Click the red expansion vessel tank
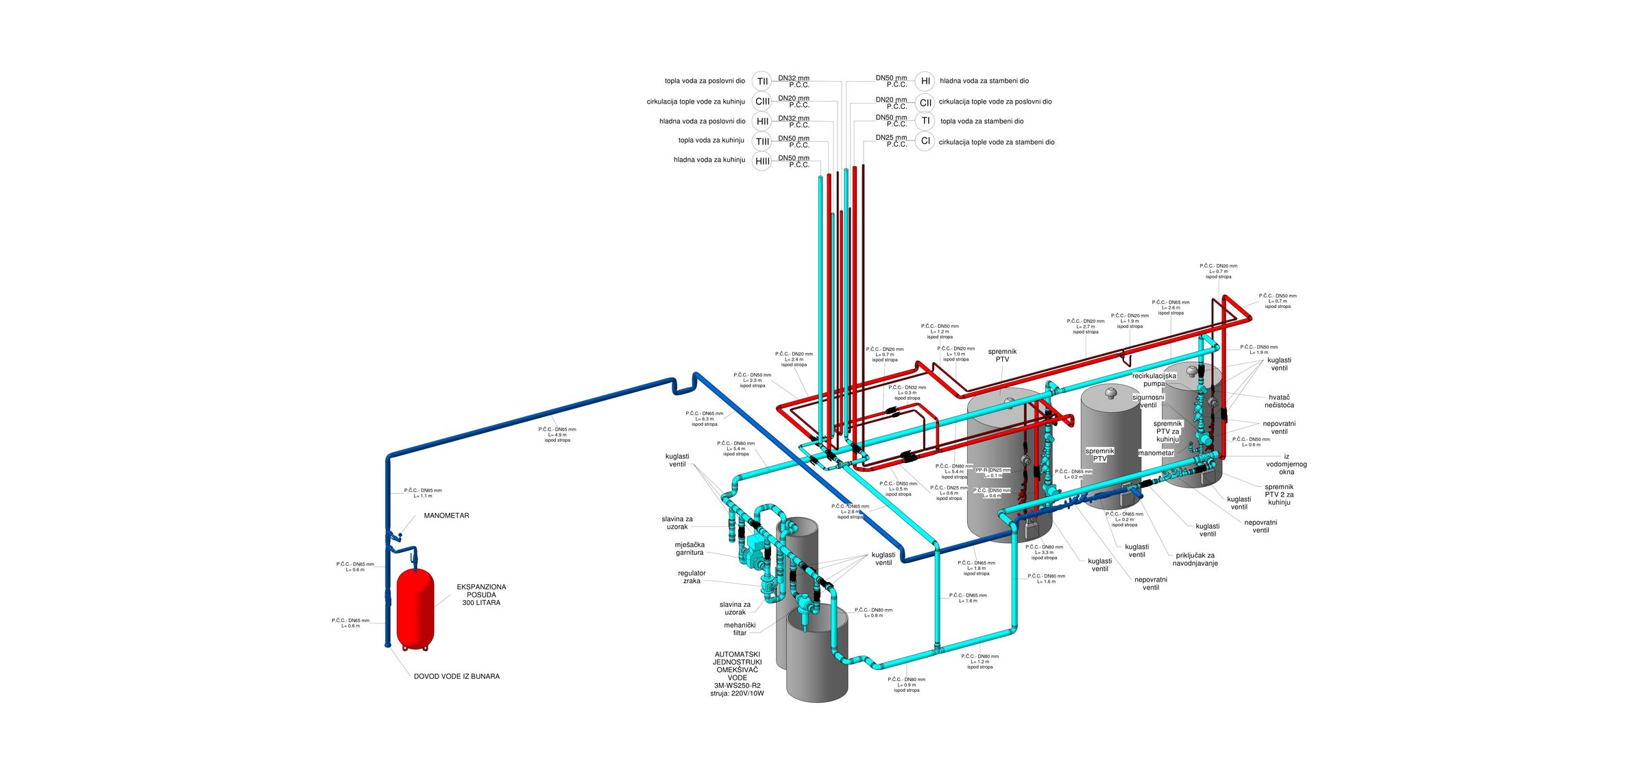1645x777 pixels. (x=415, y=606)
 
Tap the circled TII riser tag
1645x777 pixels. (x=762, y=81)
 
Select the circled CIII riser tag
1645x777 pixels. (x=762, y=101)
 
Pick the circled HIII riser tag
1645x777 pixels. (x=762, y=161)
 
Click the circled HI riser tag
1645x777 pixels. (x=925, y=81)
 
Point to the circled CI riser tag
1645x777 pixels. (x=925, y=141)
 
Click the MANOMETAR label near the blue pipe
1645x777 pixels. (x=446, y=516)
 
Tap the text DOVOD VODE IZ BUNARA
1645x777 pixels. (x=456, y=676)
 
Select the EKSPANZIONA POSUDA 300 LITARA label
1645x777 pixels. (x=481, y=595)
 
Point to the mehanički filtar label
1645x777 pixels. (x=740, y=629)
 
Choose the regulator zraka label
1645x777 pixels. (x=692, y=577)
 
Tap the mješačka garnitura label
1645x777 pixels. (x=690, y=549)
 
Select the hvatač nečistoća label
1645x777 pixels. (x=1279, y=401)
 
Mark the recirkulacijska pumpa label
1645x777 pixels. (x=1154, y=379)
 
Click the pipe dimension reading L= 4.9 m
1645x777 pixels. (x=557, y=435)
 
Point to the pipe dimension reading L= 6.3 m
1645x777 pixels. (x=705, y=419)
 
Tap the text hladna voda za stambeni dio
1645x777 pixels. (x=984, y=81)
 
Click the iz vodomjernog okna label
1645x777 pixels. (x=1287, y=464)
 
